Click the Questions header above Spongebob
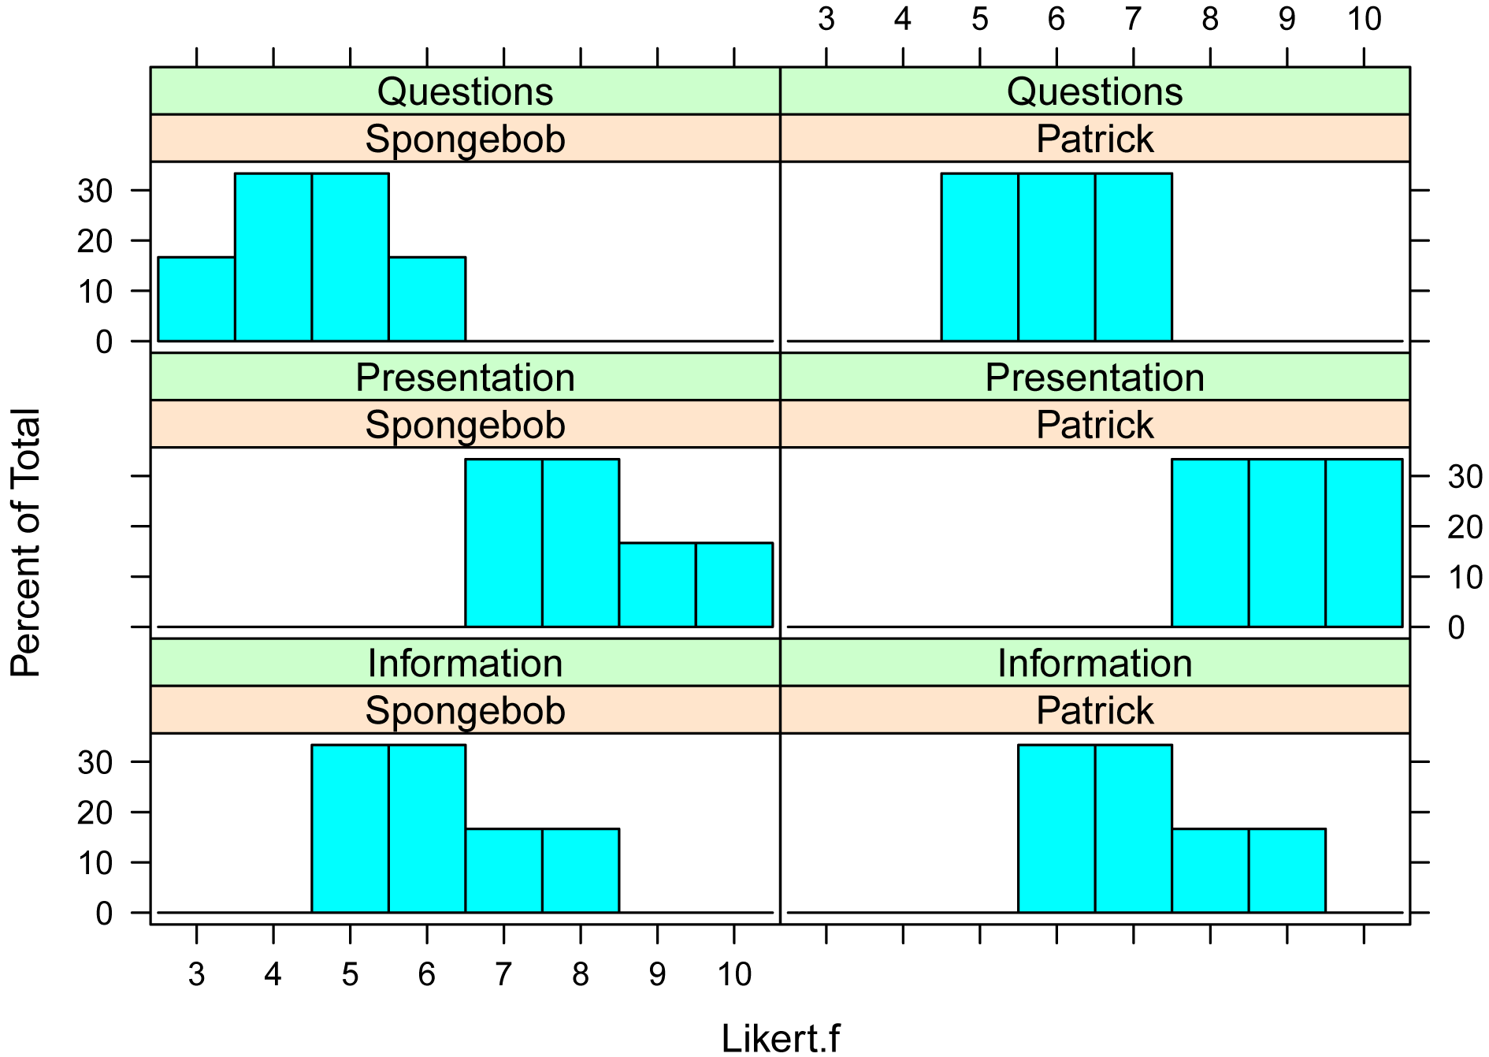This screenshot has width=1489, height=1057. point(465,91)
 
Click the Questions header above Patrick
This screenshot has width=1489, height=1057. point(1094,91)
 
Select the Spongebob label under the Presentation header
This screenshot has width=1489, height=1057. point(465,425)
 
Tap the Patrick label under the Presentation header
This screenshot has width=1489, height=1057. point(1094,425)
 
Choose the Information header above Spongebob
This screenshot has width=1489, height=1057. point(465,663)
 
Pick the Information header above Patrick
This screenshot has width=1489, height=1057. point(1094,663)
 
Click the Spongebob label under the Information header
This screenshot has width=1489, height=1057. point(465,710)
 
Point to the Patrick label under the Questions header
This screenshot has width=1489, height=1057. point(1094,139)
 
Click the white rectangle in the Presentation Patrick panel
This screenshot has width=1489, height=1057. point(1014,538)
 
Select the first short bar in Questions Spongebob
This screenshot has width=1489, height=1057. point(196,300)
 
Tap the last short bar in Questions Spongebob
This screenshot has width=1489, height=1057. point(426,300)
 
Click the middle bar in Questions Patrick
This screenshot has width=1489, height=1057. point(1056,258)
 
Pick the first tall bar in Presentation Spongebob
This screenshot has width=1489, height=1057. point(503,543)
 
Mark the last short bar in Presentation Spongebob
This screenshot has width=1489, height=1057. point(733,585)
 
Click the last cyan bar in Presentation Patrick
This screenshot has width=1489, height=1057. point(1363,543)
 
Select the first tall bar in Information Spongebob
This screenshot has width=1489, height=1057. point(350,828)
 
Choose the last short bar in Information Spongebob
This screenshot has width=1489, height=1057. point(580,870)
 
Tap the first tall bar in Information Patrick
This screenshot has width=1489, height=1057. point(1056,828)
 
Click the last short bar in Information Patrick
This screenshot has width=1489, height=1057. point(1286,870)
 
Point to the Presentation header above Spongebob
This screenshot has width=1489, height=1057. point(465,378)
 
